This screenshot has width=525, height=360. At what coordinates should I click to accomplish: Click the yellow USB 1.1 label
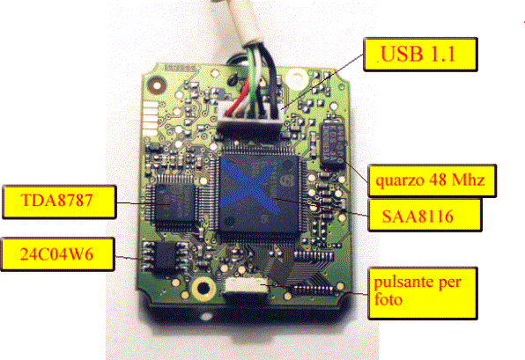click(420, 55)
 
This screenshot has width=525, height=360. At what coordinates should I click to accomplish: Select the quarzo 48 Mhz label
click(432, 180)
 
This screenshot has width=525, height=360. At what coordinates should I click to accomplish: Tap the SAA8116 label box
click(425, 216)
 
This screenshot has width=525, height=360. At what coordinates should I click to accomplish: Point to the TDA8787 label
click(59, 202)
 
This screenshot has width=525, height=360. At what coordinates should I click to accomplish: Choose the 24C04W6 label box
click(58, 254)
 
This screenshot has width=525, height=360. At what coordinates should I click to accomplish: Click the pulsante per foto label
click(423, 293)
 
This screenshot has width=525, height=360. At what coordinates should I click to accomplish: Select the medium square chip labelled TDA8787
click(174, 202)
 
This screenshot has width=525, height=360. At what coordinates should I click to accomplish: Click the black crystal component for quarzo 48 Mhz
click(332, 143)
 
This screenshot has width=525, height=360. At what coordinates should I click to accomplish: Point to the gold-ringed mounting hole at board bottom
click(203, 288)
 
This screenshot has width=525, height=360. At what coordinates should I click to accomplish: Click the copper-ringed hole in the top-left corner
click(157, 85)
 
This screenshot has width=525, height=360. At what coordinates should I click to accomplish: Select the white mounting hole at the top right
click(297, 78)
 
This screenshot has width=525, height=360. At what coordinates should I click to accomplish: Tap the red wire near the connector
click(239, 99)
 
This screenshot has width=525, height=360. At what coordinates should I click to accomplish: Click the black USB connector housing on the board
click(248, 131)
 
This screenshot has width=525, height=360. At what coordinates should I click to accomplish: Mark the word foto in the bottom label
click(388, 299)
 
